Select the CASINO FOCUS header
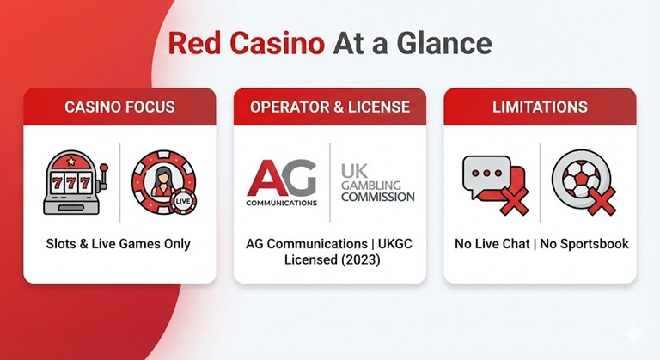coord(119,107)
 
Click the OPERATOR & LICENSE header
coord(330,107)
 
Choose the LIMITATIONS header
coord(540,107)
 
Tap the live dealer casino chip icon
coord(163,181)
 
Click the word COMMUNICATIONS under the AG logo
coord(282,204)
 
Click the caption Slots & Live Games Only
coord(119,244)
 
